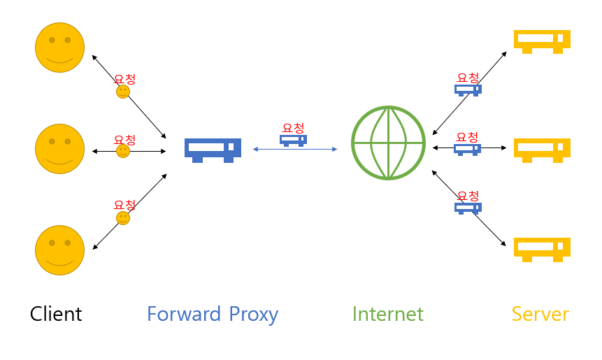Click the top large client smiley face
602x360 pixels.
(60, 48)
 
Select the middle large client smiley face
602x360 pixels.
(60, 149)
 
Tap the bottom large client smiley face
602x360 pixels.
(60, 250)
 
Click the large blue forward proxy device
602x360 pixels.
(213, 150)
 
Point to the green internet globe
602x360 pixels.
(389, 143)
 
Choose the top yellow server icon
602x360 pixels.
(542, 42)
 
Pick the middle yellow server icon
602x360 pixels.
(542, 150)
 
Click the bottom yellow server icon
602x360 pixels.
(542, 250)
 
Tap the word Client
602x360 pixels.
(56, 314)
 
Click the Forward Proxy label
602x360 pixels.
(213, 315)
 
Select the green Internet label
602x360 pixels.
(388, 314)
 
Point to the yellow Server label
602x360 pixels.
(540, 314)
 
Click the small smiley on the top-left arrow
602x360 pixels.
(123, 92)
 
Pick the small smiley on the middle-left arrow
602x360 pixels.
(123, 151)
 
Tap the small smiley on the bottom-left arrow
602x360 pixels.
(123, 218)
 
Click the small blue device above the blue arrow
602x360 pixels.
(294, 141)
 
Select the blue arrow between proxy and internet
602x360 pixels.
(295, 150)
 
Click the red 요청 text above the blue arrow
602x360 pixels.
(294, 128)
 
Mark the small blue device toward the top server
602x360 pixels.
(468, 90)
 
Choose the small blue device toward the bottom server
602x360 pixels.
(468, 208)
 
